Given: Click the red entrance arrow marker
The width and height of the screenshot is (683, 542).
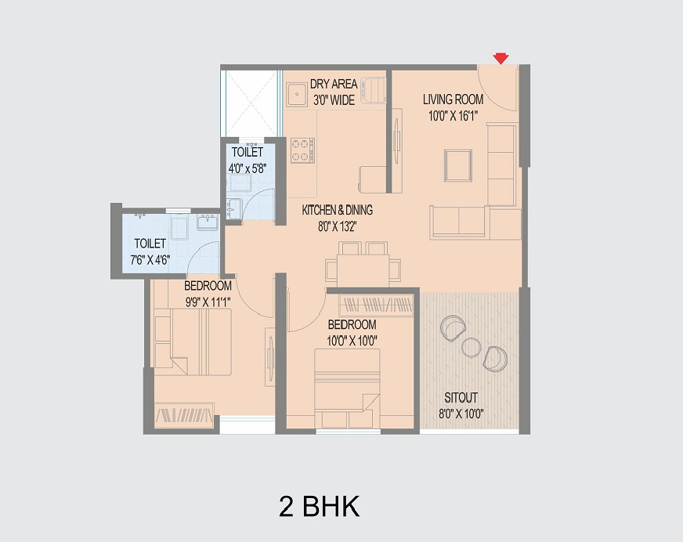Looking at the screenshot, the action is (501, 59).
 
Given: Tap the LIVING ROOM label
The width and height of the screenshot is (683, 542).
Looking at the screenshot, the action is (453, 99).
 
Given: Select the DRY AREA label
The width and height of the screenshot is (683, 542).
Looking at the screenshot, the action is (334, 84).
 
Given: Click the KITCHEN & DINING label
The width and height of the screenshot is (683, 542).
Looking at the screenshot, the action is (337, 210).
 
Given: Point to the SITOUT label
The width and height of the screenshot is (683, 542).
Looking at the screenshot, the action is (461, 398).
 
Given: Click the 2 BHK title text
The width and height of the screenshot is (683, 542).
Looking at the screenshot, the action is (320, 506).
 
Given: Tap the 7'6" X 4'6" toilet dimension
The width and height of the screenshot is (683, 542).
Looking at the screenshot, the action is (150, 261).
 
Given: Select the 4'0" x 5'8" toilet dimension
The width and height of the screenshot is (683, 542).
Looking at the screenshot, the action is (248, 168).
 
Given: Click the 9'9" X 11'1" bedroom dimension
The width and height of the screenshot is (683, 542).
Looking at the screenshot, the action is (208, 302).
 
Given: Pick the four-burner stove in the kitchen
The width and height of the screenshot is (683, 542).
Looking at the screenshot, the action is (303, 150).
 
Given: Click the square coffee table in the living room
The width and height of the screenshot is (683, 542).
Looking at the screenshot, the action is (457, 165).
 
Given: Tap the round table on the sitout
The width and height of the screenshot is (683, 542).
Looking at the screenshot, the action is (471, 348).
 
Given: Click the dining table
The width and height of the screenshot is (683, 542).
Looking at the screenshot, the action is (363, 270).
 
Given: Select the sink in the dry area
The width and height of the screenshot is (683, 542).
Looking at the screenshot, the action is (298, 94).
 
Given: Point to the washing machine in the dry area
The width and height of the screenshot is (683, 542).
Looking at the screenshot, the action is (374, 91).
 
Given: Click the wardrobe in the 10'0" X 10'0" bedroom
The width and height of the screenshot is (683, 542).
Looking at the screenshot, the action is (376, 305).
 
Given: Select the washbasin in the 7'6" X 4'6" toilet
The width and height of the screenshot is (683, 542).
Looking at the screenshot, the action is (208, 222).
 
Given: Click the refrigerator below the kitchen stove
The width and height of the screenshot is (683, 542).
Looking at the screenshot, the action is (372, 179).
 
